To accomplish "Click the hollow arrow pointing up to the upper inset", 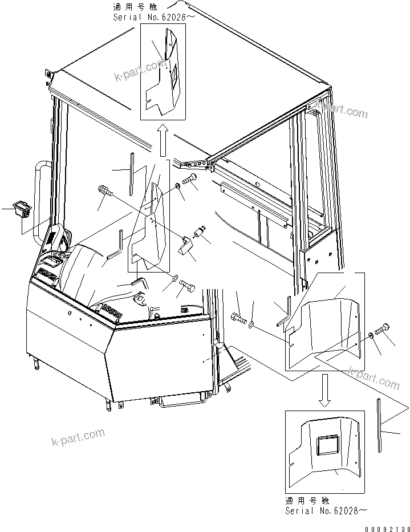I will tap(163, 142).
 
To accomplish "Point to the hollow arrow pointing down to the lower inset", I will tap(325, 390).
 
